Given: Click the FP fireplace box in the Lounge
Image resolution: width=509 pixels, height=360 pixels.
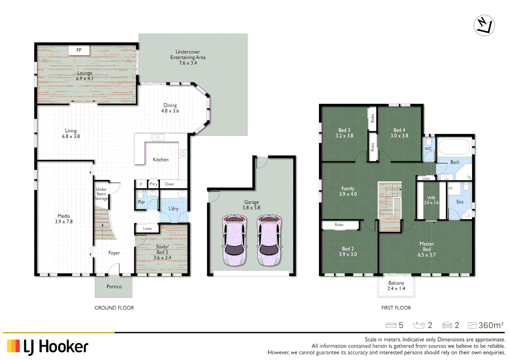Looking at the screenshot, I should (x=79, y=50).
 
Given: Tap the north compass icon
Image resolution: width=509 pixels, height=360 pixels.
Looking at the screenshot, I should (x=484, y=25).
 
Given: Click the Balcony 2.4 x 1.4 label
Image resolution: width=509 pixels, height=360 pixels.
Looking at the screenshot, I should (x=396, y=286).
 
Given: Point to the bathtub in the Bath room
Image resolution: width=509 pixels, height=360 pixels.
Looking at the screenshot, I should (x=454, y=147).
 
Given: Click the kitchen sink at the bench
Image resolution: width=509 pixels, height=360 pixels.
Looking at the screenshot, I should (x=158, y=137).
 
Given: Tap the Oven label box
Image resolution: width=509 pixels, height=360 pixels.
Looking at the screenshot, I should (x=170, y=184).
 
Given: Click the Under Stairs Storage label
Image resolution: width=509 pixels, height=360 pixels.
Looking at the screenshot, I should (x=101, y=194).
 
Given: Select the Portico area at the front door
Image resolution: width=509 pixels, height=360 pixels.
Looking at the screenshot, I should (x=114, y=287).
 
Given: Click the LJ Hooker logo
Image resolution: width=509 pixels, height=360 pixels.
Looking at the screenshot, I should (x=48, y=347).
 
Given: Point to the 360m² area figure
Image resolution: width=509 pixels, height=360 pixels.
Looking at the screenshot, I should (x=491, y=325).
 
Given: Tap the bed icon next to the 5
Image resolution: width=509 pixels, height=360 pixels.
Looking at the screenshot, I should (x=391, y=325).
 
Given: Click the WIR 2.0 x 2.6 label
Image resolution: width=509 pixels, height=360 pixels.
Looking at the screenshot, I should (x=431, y=200).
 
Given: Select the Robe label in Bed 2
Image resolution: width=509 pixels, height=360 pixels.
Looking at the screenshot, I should (x=339, y=225).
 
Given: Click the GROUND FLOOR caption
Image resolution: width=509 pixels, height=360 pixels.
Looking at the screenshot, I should (x=114, y=308).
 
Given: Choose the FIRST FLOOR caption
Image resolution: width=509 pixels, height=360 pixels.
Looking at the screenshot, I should (x=396, y=308).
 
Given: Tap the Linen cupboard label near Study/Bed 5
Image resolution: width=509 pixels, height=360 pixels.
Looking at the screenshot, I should (x=147, y=229).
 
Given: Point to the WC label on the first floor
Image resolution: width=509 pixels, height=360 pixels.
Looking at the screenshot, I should (x=428, y=149).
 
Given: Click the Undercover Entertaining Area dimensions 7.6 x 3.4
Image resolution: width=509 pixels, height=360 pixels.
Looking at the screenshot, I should (x=188, y=63).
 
